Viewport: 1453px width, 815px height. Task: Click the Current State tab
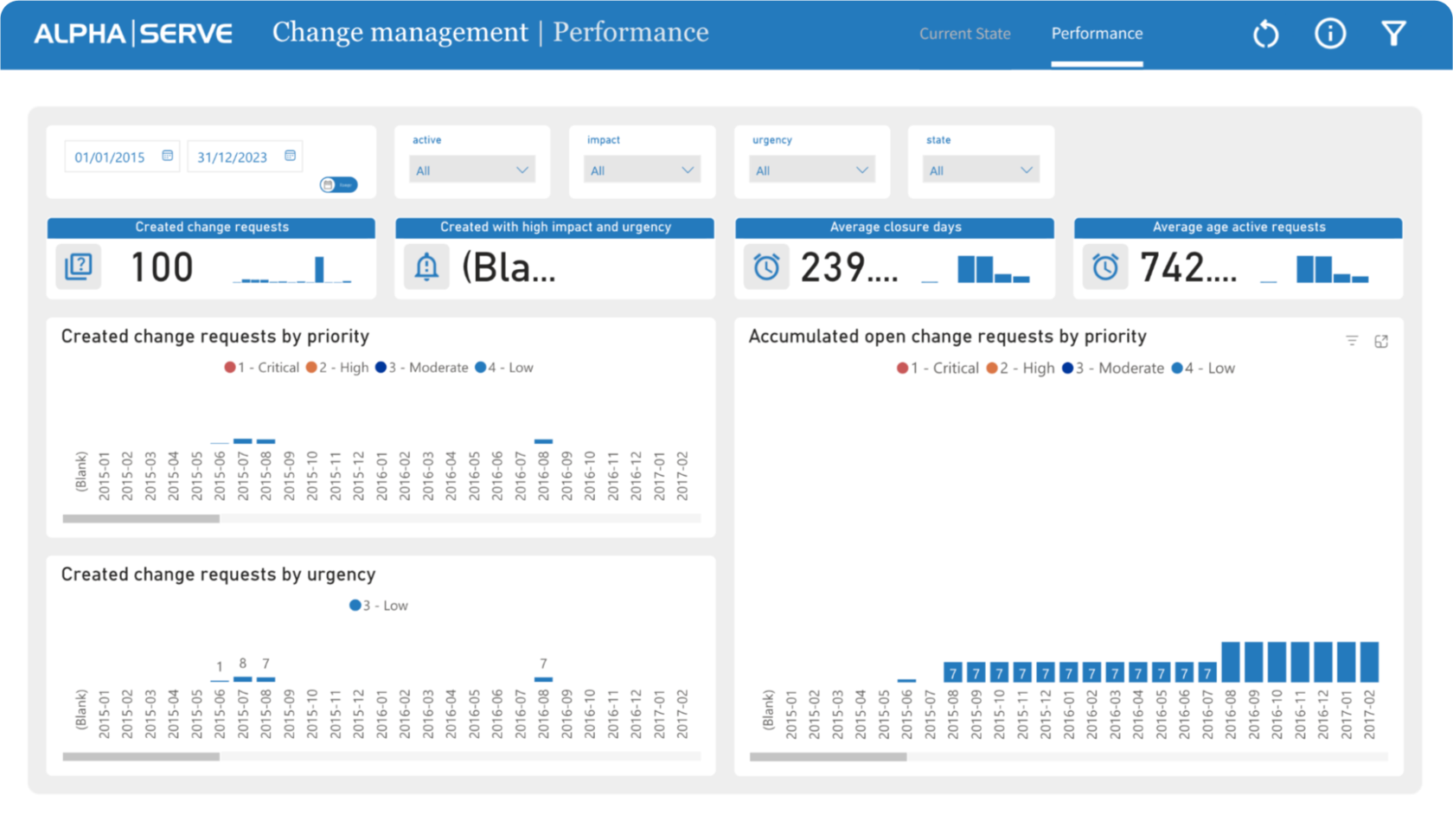pos(964,34)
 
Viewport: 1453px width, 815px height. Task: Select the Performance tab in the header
pos(1097,34)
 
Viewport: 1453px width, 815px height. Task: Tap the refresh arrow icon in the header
pos(1265,35)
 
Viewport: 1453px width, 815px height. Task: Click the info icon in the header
pos(1329,34)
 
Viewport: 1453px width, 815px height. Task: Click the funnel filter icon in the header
pos(1393,34)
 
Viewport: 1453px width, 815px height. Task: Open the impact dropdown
pos(642,170)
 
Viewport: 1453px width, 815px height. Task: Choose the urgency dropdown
pos(811,170)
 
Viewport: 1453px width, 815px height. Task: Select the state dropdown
pos(981,170)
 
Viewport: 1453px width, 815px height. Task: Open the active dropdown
pos(471,170)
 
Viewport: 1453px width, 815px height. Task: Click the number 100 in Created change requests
pos(162,267)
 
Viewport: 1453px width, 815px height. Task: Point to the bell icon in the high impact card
pos(426,267)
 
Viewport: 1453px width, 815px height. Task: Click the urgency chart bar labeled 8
pos(242,679)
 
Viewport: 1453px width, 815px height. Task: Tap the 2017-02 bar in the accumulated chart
pos(1369,662)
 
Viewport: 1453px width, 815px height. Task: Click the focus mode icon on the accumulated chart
pos(1381,342)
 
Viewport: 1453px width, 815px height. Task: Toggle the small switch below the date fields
pos(338,184)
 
